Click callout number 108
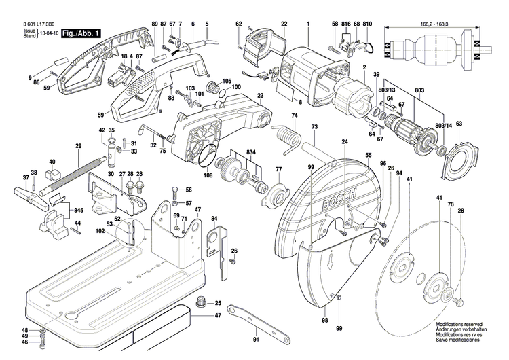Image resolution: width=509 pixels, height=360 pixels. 208,176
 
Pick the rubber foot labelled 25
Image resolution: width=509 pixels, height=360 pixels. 201,302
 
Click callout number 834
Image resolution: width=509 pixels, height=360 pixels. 251,151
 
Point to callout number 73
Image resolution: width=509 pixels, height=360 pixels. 314,128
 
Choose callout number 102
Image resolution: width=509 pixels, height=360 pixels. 100,232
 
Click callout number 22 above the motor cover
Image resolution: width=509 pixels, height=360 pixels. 284,25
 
